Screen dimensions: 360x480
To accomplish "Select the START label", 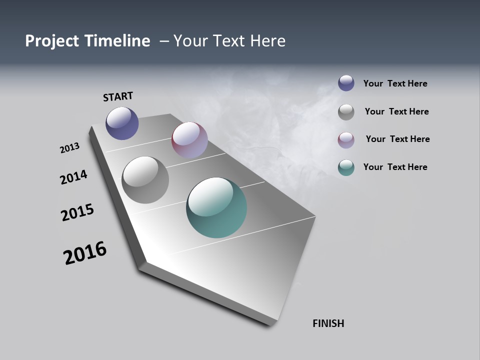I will (118, 96).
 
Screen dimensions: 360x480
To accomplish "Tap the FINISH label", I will (328, 323).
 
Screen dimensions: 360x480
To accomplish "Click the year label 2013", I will (70, 147).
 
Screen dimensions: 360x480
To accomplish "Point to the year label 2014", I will (74, 177).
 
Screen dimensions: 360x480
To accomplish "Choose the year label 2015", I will (77, 212).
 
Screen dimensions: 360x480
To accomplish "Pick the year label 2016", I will (85, 252).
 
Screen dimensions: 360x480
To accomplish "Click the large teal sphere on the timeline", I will (216, 207).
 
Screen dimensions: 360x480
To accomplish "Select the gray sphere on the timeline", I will (145, 180).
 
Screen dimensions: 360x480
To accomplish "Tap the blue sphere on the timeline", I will (122, 123).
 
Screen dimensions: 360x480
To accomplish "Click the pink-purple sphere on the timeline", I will (189, 140).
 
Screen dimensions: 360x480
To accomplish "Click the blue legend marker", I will (346, 83).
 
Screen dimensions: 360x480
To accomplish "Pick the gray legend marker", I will (346, 111).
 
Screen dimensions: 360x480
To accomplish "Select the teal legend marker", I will (346, 167).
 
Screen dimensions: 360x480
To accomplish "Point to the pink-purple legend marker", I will (346, 139).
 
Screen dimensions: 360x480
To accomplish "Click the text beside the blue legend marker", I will (395, 83).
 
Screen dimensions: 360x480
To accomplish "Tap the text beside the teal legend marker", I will (395, 167).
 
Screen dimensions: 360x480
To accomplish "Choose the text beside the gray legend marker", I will (396, 111).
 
